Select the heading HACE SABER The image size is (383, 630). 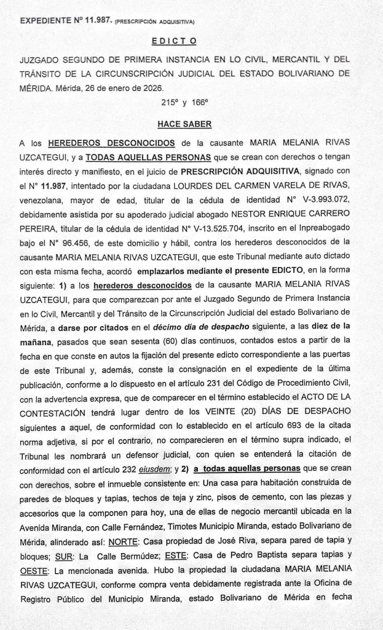tap(184, 124)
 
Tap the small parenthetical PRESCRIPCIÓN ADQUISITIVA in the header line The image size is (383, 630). tap(155, 23)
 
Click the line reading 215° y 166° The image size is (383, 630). tap(184, 103)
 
